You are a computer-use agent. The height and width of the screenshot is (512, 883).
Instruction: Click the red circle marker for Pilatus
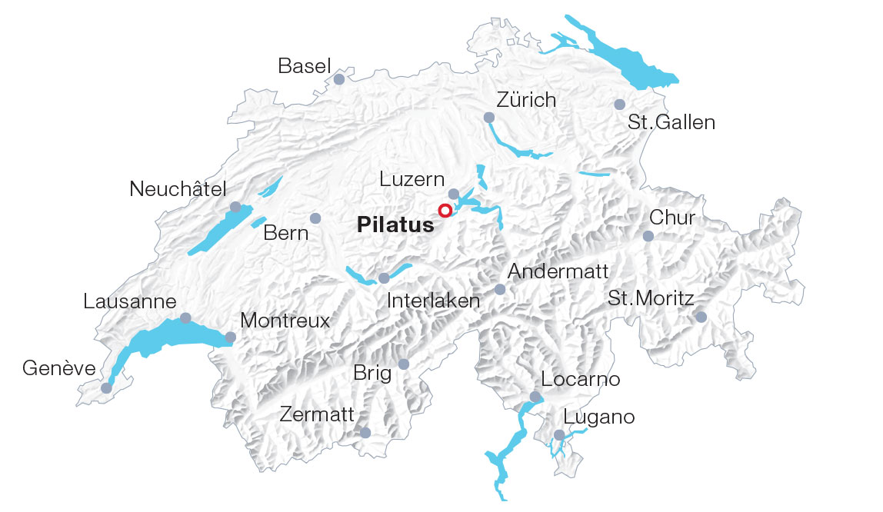click(x=445, y=211)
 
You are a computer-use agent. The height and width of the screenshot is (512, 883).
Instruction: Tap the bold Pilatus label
click(x=395, y=225)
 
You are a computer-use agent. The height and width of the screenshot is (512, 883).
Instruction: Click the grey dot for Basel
click(x=338, y=79)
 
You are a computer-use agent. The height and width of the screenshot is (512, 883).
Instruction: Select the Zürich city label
click(x=526, y=100)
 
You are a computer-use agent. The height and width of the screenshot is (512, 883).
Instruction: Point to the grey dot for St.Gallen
click(x=619, y=105)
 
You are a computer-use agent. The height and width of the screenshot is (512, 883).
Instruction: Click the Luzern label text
click(x=412, y=179)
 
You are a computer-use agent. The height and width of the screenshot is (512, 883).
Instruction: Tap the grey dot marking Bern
click(x=315, y=218)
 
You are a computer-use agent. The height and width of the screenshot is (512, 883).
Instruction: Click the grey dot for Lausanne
click(x=185, y=318)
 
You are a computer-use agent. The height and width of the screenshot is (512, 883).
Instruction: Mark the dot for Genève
click(x=106, y=388)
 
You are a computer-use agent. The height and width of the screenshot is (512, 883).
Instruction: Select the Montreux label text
click(x=285, y=320)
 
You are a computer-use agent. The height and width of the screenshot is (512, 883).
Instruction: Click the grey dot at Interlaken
click(x=384, y=278)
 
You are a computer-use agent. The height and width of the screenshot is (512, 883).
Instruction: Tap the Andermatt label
click(x=558, y=271)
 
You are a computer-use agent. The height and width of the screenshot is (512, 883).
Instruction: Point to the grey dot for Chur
click(x=648, y=236)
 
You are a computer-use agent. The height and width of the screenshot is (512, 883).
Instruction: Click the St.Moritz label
click(x=651, y=298)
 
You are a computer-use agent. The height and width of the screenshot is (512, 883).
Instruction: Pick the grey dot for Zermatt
click(x=365, y=434)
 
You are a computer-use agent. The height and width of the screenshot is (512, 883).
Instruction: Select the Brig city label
click(x=372, y=374)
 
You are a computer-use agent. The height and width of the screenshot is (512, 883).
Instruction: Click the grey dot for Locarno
click(x=535, y=397)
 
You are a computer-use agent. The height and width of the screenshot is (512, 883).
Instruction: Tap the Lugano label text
click(x=599, y=417)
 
